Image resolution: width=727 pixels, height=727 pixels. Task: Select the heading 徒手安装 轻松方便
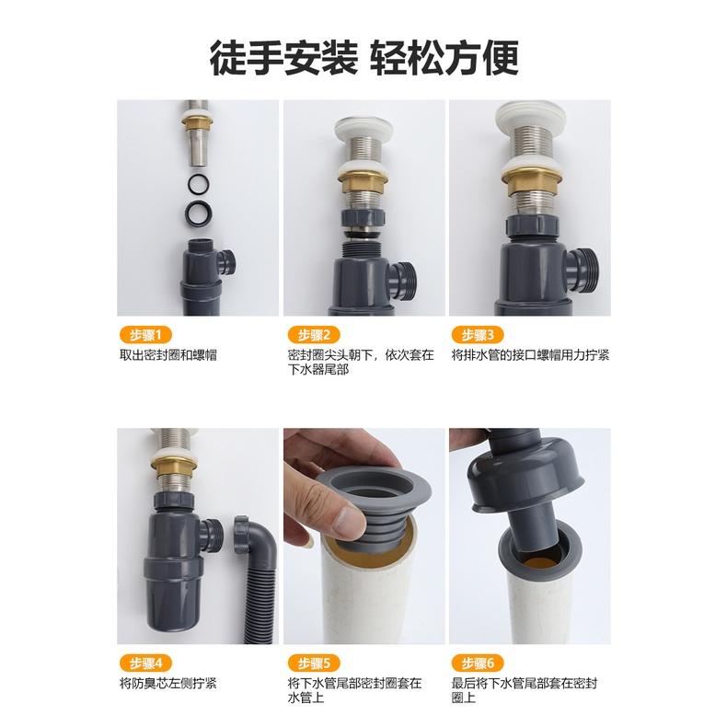click(363, 57)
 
